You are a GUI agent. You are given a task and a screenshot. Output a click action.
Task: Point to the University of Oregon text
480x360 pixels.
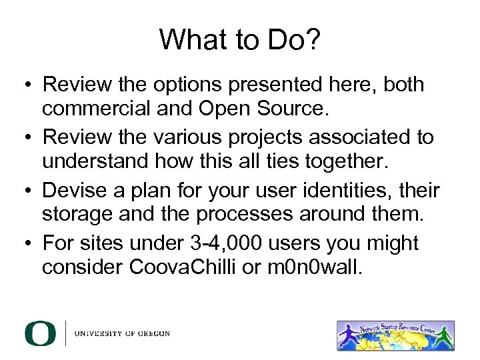[x=122, y=333]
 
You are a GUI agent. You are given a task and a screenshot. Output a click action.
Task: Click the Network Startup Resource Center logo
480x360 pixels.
[x=396, y=335]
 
